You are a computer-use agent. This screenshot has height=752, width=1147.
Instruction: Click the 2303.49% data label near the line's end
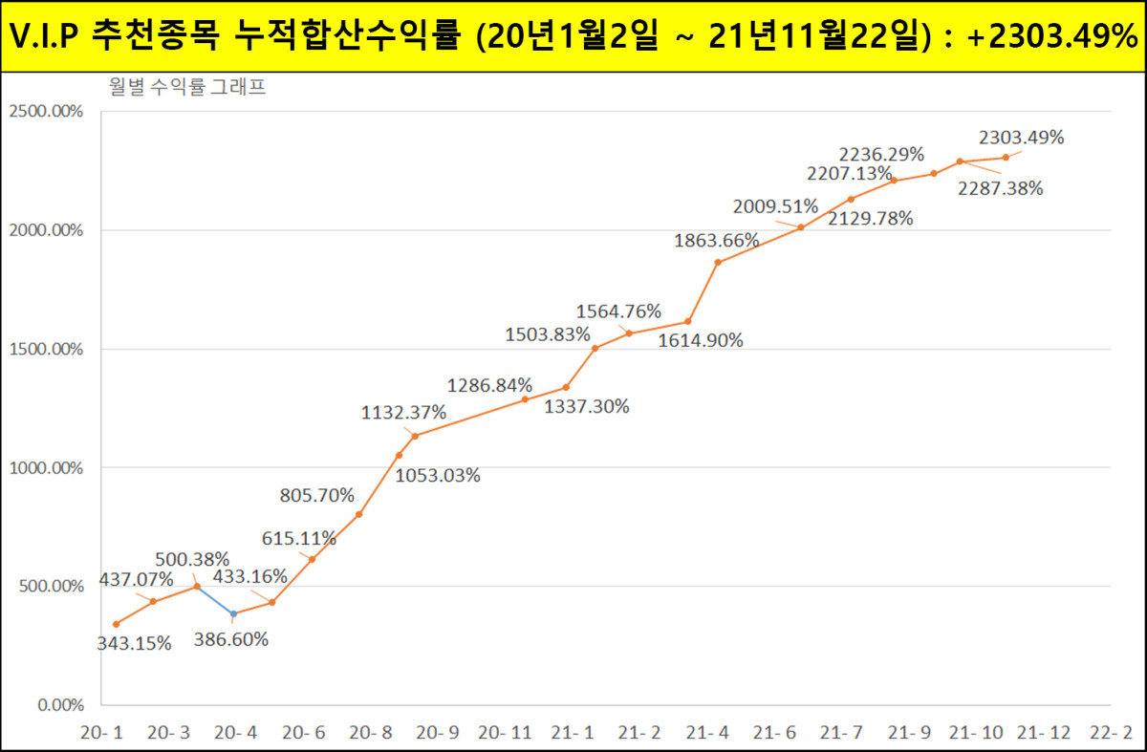point(1021,138)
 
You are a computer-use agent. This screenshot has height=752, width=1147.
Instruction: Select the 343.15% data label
point(134,643)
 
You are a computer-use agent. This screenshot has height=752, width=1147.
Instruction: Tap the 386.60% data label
point(230,638)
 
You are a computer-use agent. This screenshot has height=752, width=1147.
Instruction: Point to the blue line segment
point(215,599)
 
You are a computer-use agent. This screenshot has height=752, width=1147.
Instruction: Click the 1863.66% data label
point(716,240)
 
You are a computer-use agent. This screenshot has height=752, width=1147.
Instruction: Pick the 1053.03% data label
point(438,475)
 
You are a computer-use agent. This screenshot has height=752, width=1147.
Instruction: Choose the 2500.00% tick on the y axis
point(46,111)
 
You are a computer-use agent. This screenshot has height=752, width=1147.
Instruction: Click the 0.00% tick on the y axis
point(60,705)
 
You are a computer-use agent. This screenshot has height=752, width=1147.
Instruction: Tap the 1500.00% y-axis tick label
point(46,349)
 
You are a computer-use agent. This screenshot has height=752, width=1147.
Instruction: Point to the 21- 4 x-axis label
point(708,733)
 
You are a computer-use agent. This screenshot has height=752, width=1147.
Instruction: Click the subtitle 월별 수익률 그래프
point(186,89)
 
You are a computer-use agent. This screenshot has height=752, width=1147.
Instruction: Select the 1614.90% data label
point(701,340)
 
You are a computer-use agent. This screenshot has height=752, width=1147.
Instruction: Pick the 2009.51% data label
point(775,205)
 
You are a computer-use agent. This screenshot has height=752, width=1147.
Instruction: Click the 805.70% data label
point(317,495)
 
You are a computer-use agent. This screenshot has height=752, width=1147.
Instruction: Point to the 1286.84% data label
point(489,385)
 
